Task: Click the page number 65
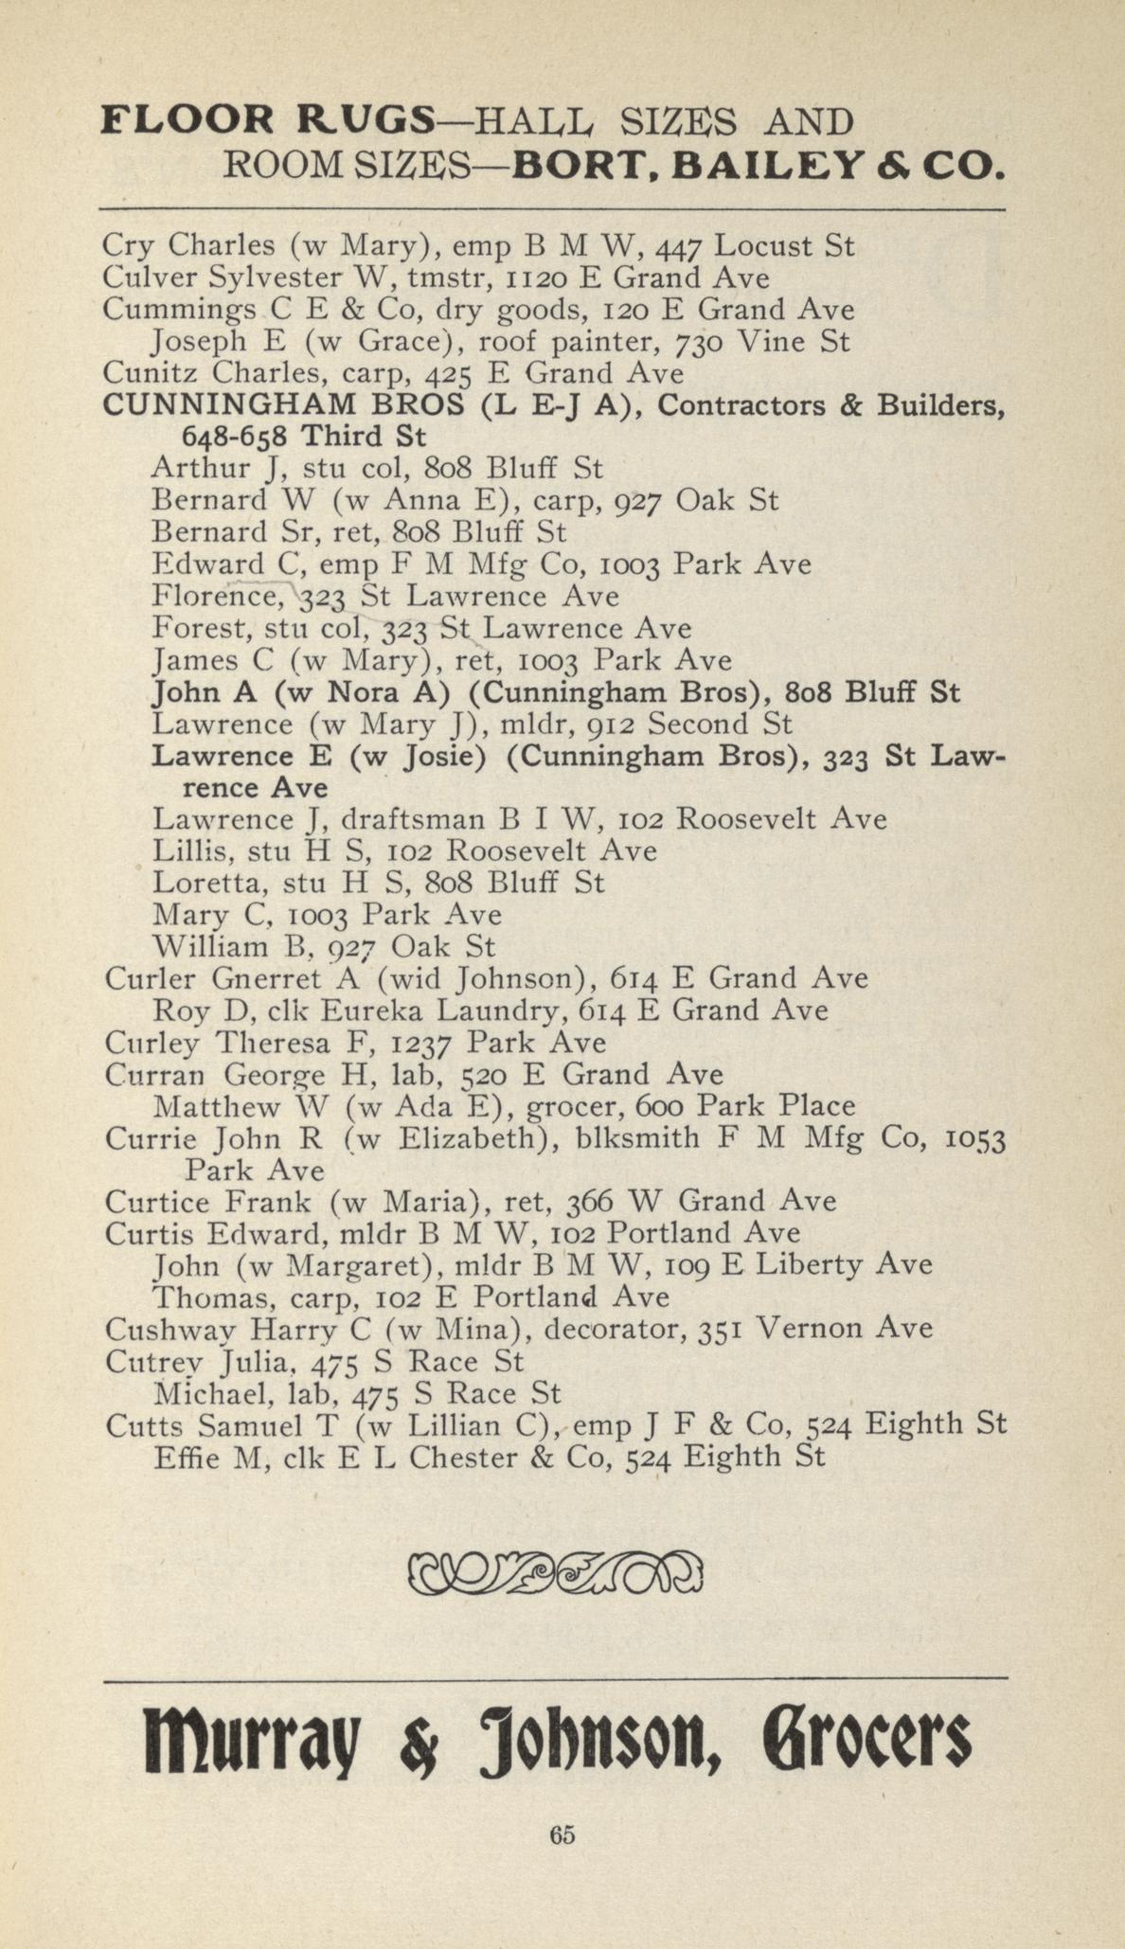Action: [x=562, y=1834]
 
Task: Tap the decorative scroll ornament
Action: [x=556, y=1573]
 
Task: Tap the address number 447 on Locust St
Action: [x=682, y=247]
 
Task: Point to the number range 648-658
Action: [x=235, y=438]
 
